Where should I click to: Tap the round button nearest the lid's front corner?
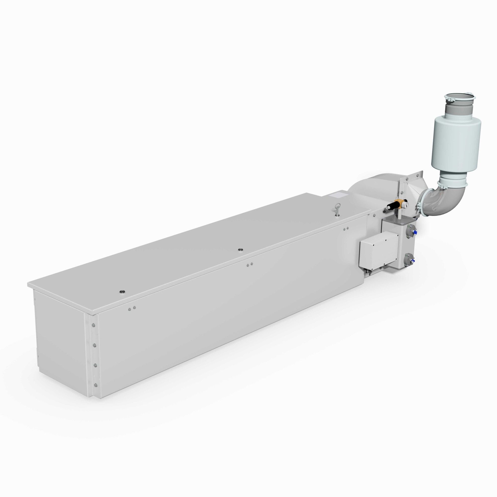(122, 291)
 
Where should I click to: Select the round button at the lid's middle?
(240, 249)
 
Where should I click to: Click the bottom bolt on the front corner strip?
(96, 385)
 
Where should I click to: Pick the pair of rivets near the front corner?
(132, 308)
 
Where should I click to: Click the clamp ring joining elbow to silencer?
(453, 184)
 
